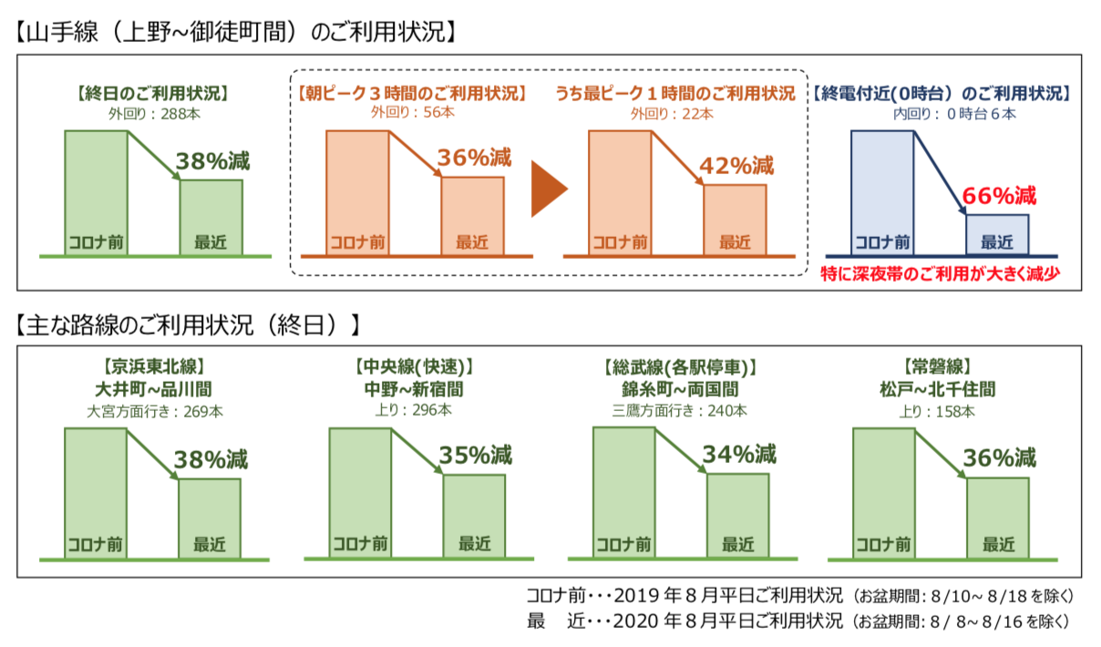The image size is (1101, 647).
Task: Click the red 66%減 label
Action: [1000, 195]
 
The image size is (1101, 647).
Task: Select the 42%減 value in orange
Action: [736, 166]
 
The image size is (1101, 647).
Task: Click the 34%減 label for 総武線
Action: [739, 453]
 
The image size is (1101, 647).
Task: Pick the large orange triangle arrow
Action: [549, 190]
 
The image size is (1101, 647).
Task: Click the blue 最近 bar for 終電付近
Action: [997, 234]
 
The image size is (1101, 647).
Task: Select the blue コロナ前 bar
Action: [882, 192]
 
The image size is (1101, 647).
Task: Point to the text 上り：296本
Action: [413, 411]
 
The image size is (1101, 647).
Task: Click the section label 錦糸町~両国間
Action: [680, 390]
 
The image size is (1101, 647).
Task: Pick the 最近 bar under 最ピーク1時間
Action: [735, 219]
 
